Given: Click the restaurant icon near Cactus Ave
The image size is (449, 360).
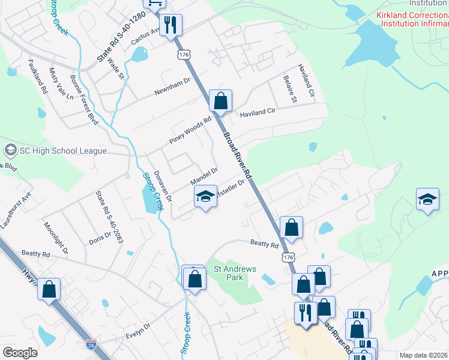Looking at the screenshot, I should pyautogui.click(x=170, y=25).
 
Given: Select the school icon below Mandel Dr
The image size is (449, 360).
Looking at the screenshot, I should pyautogui.click(x=205, y=197).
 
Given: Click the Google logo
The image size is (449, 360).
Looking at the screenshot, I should pyautogui.click(x=20, y=352).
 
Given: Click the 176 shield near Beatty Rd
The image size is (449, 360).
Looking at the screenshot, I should pyautogui.click(x=289, y=256).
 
